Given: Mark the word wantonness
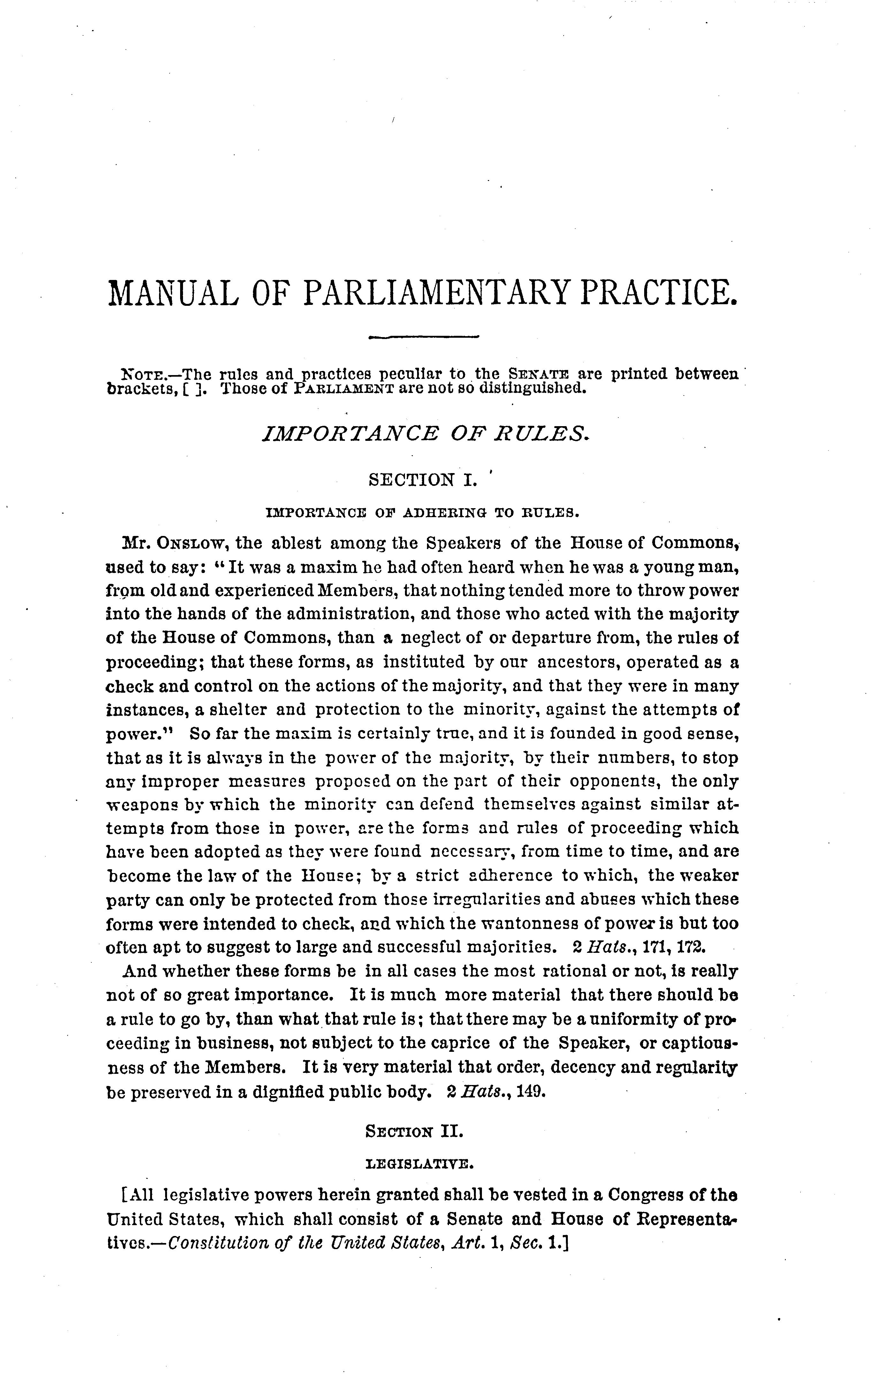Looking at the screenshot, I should point(517,924).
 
